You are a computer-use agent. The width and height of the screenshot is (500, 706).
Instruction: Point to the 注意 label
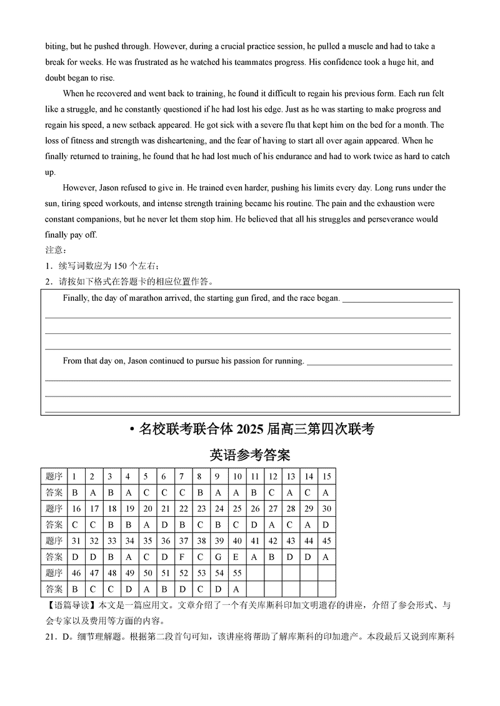coord(54,250)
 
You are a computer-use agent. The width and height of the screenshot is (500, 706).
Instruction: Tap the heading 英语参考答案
coord(250,455)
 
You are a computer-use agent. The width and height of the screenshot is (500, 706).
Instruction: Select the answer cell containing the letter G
coord(219,557)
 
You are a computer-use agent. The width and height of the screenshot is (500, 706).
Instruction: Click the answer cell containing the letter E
coord(237,557)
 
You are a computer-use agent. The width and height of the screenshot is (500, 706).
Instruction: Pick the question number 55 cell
coord(237,573)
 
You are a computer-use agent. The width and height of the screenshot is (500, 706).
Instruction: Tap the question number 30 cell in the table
coord(326,508)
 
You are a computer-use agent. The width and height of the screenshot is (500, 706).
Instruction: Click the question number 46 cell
coord(76,573)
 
